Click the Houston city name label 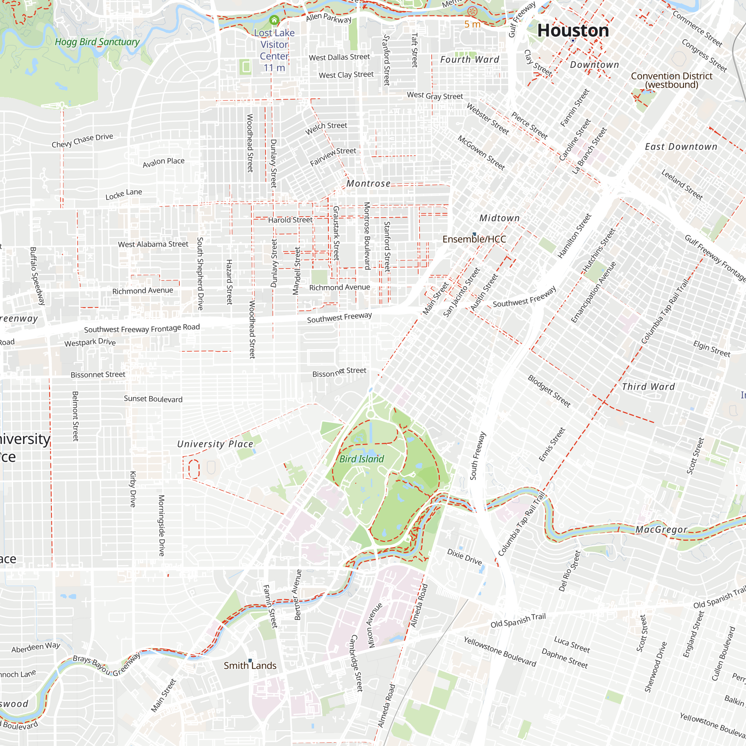[573, 31]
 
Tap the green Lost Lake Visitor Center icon [274, 20]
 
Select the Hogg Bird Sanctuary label [97, 42]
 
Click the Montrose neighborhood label [368, 184]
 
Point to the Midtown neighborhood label [499, 218]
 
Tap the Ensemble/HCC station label [474, 239]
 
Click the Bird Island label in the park [361, 459]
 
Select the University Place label [215, 444]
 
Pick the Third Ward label [648, 386]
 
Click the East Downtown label [681, 147]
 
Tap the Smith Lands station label [250, 665]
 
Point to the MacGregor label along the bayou [661, 529]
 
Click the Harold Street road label [290, 220]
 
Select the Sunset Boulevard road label [153, 399]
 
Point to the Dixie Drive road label [464, 557]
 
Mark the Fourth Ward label [470, 59]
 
